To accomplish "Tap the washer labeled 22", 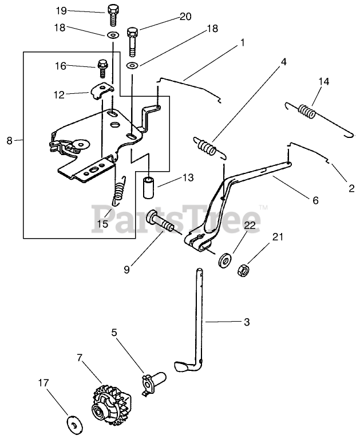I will (224, 259).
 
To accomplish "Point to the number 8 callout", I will (9, 140).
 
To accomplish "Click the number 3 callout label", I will (247, 323).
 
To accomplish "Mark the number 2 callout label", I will (351, 188).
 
